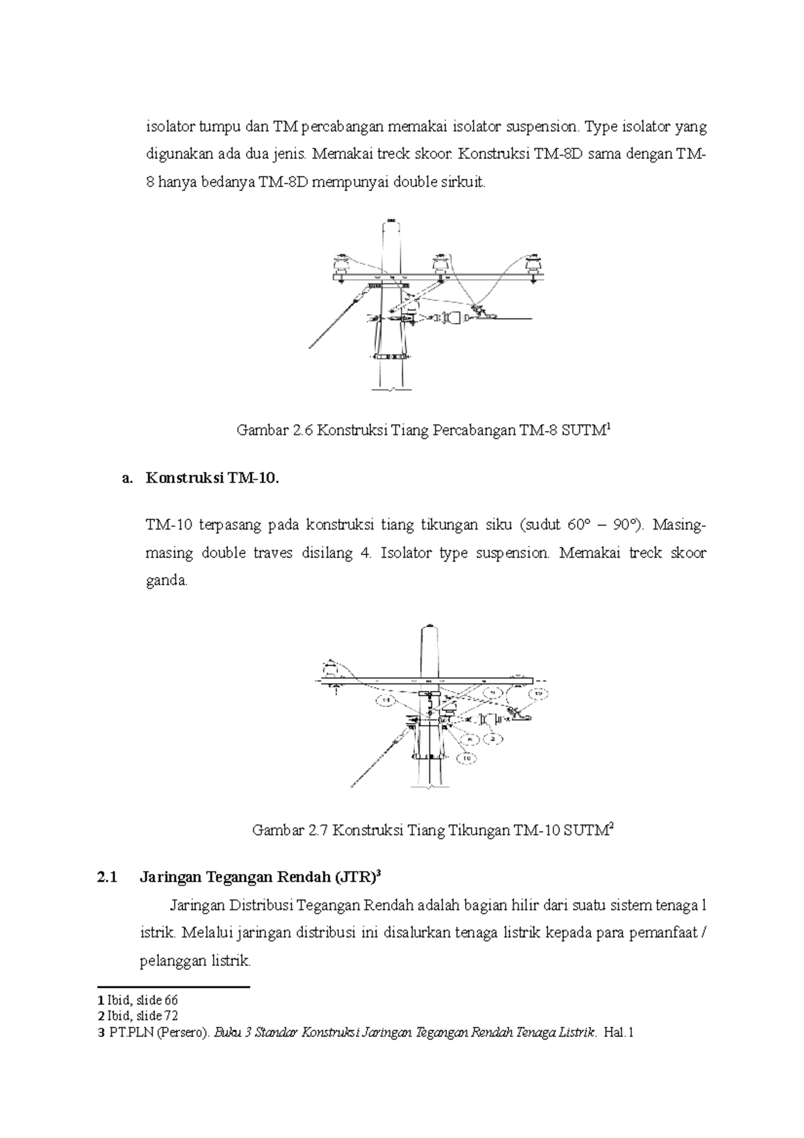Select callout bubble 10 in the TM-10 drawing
point(467,757)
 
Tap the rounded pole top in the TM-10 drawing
point(429,630)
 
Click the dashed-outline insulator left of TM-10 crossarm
point(331,669)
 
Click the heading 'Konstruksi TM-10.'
point(211,479)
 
